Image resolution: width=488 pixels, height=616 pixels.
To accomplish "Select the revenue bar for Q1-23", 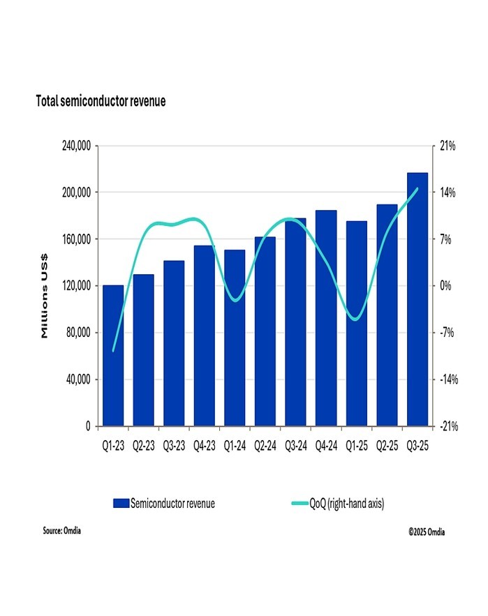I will tap(113, 356).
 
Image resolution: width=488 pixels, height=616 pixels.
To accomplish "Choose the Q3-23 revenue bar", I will tap(174, 343).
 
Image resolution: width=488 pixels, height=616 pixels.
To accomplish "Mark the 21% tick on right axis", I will tap(448, 146).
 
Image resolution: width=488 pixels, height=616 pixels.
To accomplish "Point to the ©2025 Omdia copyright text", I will tap(427, 532).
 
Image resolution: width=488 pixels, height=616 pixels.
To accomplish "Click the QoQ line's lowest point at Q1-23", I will tap(113, 350).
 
